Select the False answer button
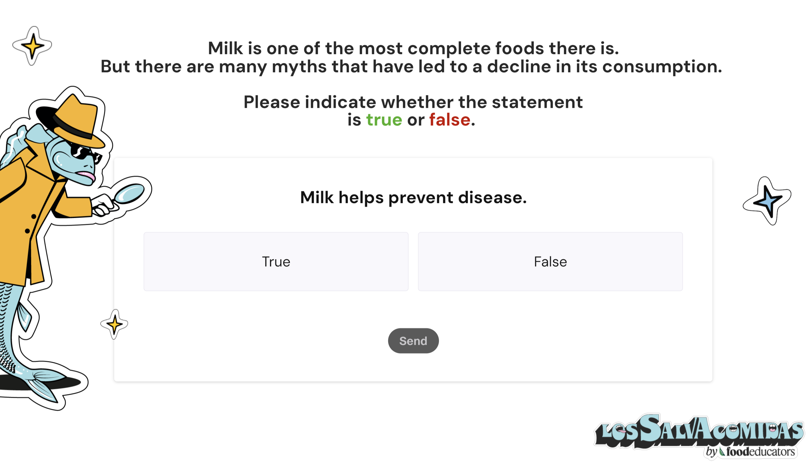[550, 261]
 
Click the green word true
[384, 120]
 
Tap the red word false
[449, 120]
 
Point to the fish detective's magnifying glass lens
[129, 193]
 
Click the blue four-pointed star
[767, 201]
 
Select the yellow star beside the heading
[32, 46]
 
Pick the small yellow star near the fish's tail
[114, 324]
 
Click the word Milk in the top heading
[225, 48]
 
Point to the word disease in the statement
[492, 197]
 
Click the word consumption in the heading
[662, 67]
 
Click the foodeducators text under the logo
[760, 451]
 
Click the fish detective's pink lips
[86, 175]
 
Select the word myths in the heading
[299, 67]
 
